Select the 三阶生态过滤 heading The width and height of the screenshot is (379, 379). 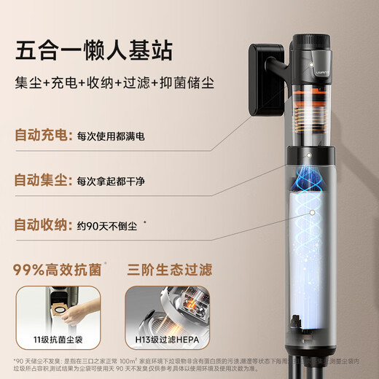pyautogui.click(x=169, y=270)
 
